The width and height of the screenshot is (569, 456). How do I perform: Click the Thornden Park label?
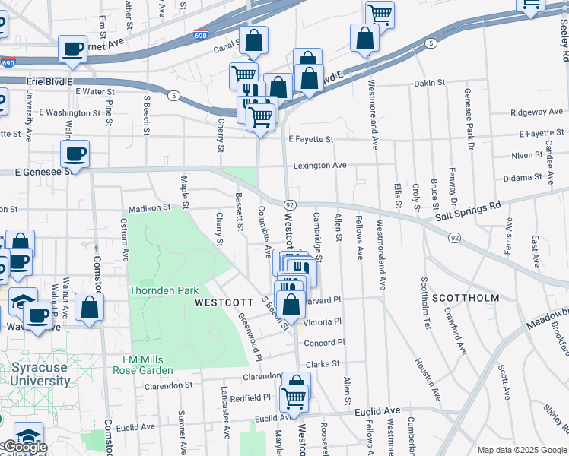pos(164,290)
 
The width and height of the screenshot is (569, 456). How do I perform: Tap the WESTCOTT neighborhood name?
pos(223,302)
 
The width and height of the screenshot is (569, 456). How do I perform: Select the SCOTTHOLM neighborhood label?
pos(466,298)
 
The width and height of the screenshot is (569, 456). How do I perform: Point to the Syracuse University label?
pos(41,375)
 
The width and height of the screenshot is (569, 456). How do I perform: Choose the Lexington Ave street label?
pos(320,165)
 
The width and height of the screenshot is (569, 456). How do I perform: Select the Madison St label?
pos(149,207)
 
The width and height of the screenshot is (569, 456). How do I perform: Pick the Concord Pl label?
pos(324,343)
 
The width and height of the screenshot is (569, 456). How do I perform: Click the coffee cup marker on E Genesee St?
pos(75,154)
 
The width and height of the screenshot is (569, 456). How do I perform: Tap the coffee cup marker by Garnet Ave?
pos(73,49)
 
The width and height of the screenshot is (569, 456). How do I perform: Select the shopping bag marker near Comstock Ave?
pos(90,308)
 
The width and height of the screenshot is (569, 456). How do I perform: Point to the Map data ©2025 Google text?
pos(521,450)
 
